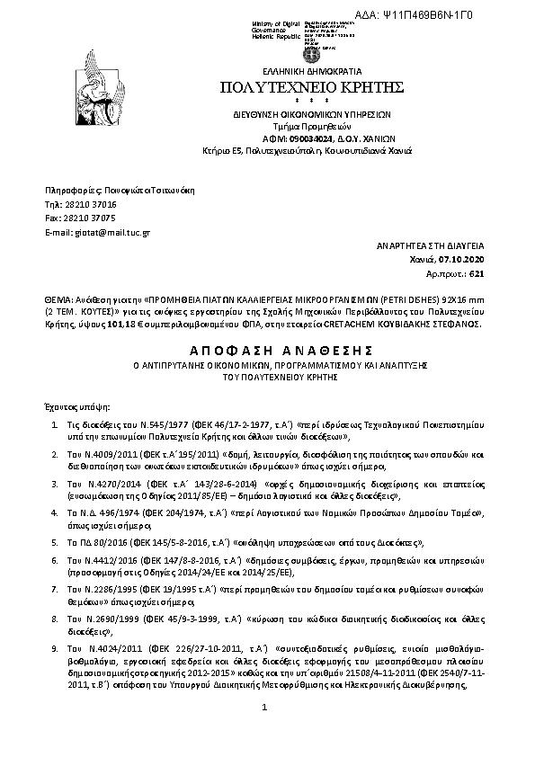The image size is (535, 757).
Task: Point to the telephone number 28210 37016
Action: coord(87,205)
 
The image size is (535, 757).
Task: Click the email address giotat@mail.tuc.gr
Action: coord(99,232)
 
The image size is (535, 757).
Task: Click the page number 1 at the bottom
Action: coord(265,708)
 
